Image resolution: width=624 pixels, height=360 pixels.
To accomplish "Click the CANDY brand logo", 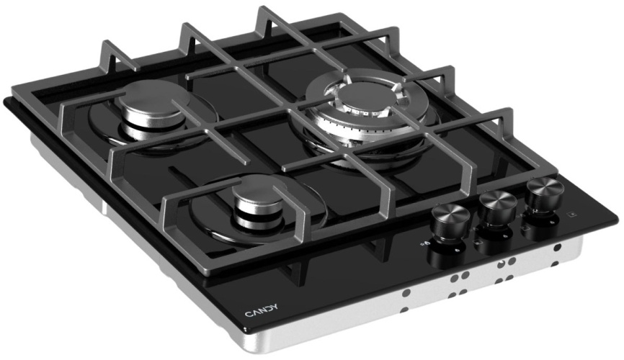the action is [x=261, y=310].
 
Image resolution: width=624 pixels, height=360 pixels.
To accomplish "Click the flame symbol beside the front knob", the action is [x=424, y=243].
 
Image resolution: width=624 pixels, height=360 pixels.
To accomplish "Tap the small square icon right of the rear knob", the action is [x=572, y=215].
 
